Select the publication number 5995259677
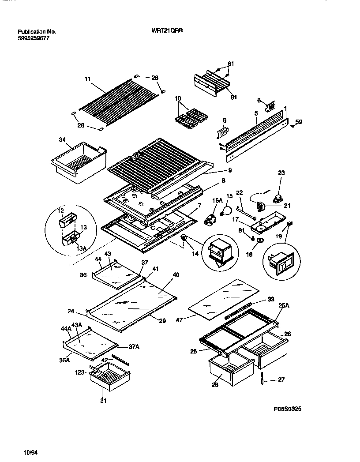click(34, 38)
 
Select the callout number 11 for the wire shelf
click(87, 79)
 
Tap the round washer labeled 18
click(260, 240)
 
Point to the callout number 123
click(79, 372)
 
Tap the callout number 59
click(299, 122)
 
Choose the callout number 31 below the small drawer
click(104, 401)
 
